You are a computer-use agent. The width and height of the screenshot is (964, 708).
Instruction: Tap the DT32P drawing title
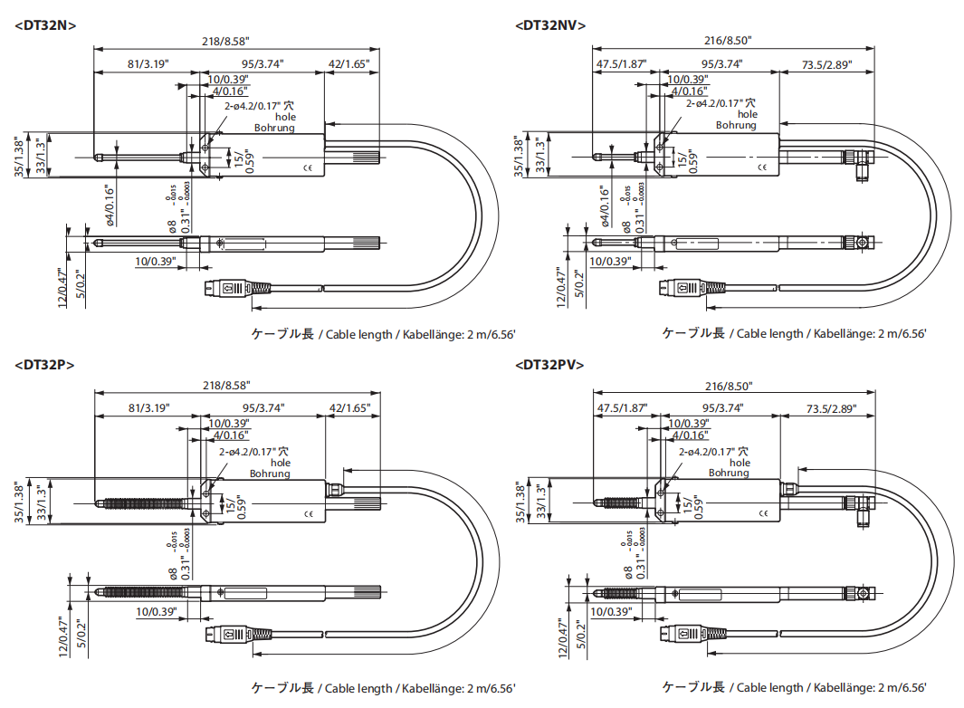[44, 365]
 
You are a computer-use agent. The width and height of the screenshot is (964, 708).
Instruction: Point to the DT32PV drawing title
[549, 365]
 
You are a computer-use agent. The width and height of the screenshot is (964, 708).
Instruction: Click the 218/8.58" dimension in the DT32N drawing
[224, 41]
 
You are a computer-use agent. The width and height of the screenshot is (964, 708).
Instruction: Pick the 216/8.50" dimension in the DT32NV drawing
[728, 41]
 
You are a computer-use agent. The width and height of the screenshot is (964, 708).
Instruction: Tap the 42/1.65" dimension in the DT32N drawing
[350, 63]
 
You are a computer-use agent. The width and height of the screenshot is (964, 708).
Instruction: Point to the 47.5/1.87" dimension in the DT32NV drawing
[622, 63]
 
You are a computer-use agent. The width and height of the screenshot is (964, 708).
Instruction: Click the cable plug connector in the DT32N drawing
[234, 289]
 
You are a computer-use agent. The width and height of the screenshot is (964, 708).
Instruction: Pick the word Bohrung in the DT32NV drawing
[736, 126]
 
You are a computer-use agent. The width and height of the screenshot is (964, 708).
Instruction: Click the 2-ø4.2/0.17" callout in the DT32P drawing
[254, 451]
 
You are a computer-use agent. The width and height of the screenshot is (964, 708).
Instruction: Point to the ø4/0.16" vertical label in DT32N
[108, 205]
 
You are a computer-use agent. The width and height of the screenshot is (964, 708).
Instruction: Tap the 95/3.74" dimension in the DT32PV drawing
[722, 408]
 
